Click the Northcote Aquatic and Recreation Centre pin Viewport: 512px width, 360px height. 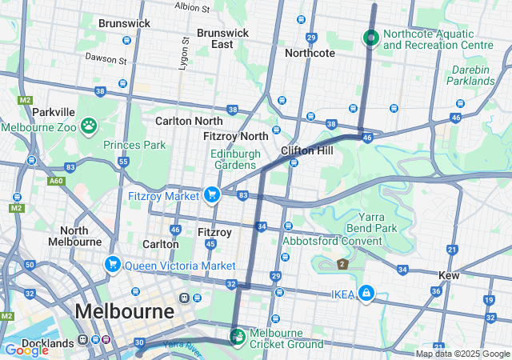point(370,37)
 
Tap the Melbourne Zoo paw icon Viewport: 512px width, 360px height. point(88,126)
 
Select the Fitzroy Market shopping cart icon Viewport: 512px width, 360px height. point(212,194)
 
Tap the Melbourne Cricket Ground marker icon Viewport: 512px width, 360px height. point(237,334)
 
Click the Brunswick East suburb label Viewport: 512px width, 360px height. point(222,38)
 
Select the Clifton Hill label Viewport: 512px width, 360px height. point(301,150)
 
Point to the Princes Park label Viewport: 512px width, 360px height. point(134,145)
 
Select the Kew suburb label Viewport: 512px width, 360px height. point(448,275)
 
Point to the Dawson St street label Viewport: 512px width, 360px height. point(106,60)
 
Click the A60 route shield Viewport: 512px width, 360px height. point(55,182)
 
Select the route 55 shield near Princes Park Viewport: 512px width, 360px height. point(123,162)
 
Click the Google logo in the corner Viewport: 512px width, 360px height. point(26,350)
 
